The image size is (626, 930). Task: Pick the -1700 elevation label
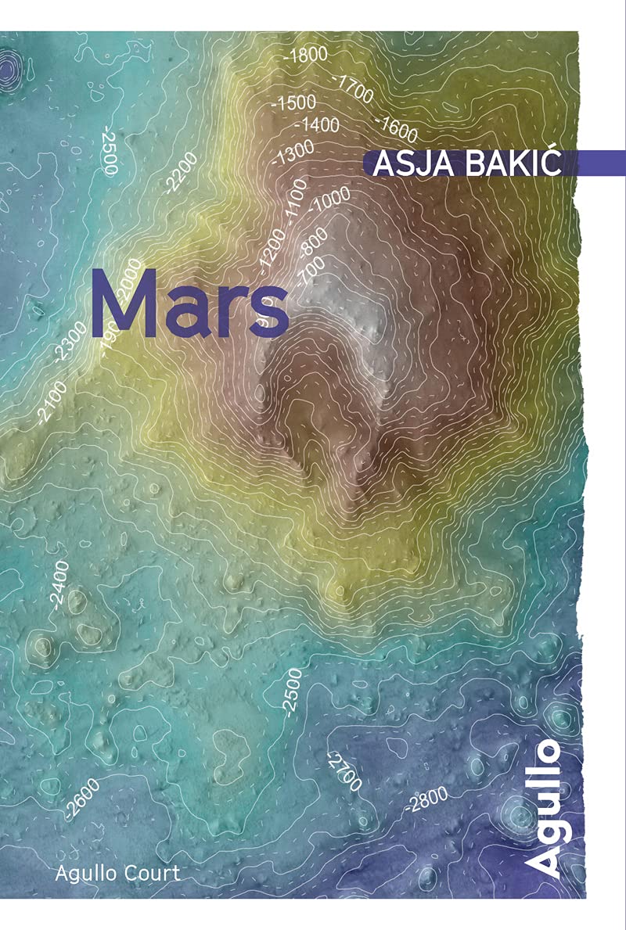[x=352, y=88]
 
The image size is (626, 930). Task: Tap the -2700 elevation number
[x=343, y=770]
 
